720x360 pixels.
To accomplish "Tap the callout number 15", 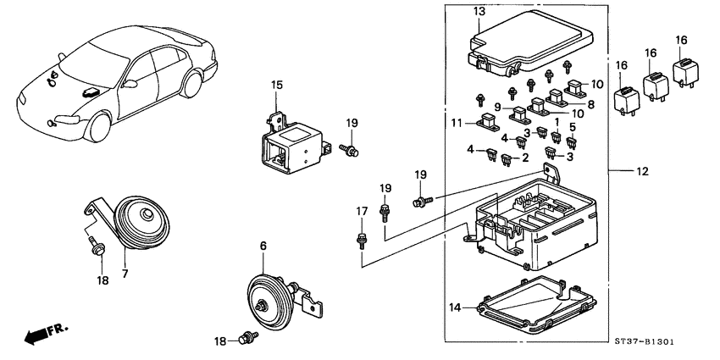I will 275,84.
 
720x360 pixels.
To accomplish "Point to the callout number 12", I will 645,172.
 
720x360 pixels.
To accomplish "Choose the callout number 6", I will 263,245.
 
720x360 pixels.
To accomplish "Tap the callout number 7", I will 125,274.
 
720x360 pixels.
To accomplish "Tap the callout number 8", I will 590,105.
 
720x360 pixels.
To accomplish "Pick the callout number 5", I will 573,128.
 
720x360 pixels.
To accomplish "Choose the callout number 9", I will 499,108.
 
